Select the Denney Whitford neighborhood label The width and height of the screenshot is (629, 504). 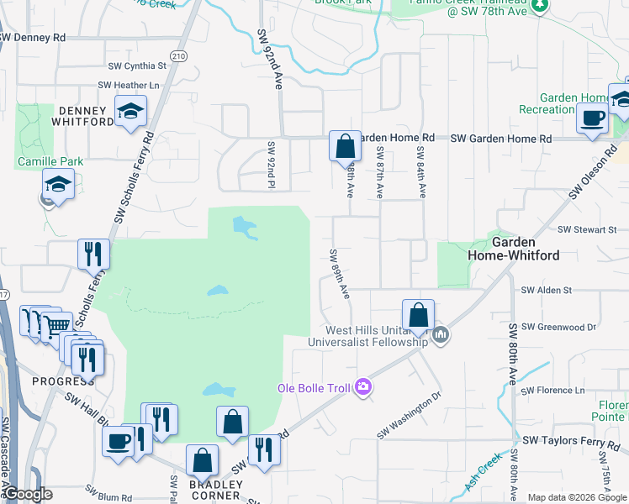coord(82,116)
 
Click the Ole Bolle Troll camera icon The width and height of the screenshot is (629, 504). coord(363,387)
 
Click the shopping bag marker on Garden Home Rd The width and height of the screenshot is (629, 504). coord(345,146)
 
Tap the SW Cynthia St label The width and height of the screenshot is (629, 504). coord(138,66)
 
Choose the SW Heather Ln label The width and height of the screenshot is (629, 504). coord(129,85)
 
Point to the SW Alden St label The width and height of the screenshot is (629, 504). coord(547,290)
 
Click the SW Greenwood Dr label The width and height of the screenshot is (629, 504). coord(558,327)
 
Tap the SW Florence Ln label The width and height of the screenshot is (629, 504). coord(552,391)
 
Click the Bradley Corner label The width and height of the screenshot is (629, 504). coord(215,490)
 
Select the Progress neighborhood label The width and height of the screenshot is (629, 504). coord(58,381)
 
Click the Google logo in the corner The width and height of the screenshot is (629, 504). coord(27,495)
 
